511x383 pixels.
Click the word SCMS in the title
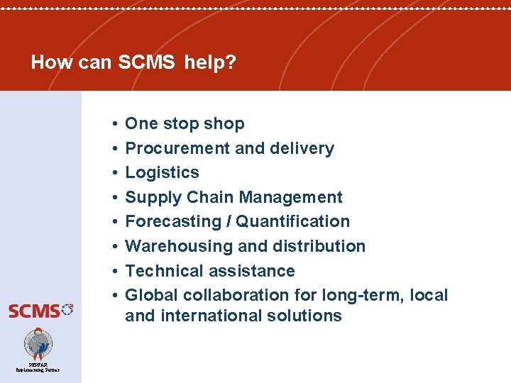coord(146,62)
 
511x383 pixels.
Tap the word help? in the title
coord(210,62)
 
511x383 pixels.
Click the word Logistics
coord(162,172)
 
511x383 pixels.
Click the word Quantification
coord(293,221)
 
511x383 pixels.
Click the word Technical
coord(165,271)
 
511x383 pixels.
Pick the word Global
coord(149,295)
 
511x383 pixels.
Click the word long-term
coord(373,295)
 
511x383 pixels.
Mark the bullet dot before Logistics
coord(114,173)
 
